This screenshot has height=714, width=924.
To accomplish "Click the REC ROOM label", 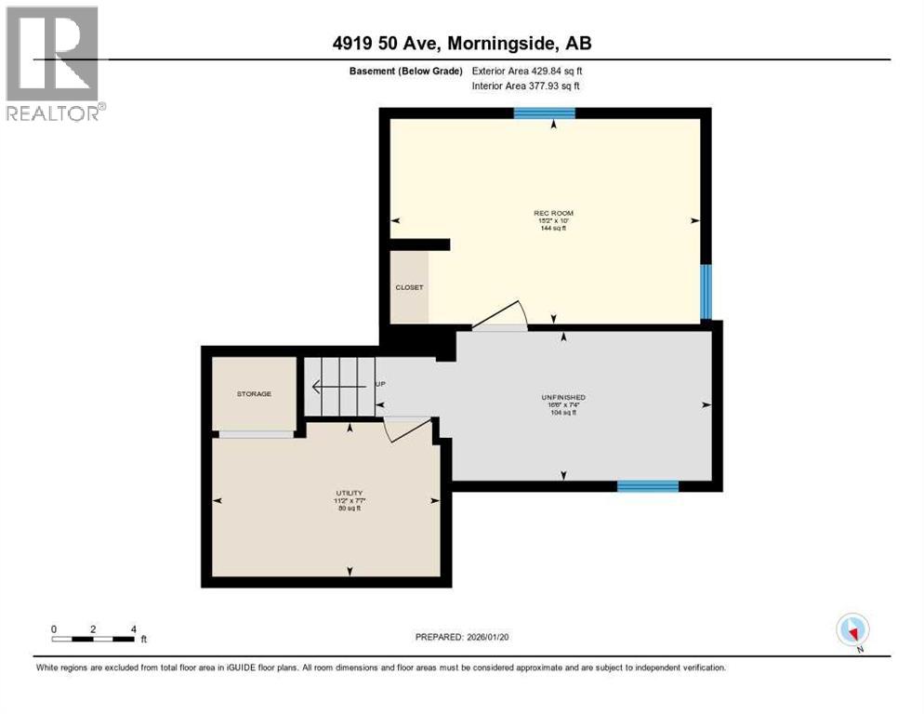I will [x=548, y=214].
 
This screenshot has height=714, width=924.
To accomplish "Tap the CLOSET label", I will [x=409, y=287].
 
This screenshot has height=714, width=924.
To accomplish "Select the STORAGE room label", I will [x=254, y=394].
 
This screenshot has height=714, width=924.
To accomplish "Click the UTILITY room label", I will [x=350, y=494].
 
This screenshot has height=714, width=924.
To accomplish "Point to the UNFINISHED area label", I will [x=563, y=398].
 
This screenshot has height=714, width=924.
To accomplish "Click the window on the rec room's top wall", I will [x=545, y=113].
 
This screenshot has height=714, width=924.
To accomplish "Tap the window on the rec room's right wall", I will [x=706, y=291].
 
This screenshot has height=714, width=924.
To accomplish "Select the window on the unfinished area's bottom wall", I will [x=648, y=486].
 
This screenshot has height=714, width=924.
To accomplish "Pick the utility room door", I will [x=409, y=429].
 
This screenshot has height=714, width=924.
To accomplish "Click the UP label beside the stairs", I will [x=380, y=384].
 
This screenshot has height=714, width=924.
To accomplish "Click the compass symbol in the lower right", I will [x=852, y=630].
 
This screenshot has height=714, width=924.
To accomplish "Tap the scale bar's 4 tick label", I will [x=134, y=629].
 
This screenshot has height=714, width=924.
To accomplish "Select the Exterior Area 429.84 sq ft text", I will [x=527, y=71].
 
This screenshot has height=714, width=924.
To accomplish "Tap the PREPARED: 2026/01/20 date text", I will [x=462, y=637].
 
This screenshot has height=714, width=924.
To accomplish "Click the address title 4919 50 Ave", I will [x=462, y=43].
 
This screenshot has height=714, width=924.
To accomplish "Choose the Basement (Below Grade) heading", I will [x=402, y=71].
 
